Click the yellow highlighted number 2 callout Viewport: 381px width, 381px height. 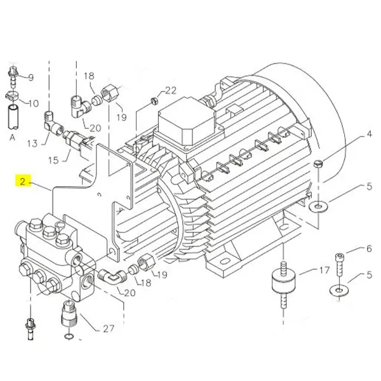point(22,182)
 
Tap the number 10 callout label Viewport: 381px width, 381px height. point(33,103)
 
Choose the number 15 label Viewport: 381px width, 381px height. point(55,160)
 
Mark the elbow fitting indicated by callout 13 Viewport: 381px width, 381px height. point(50,117)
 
